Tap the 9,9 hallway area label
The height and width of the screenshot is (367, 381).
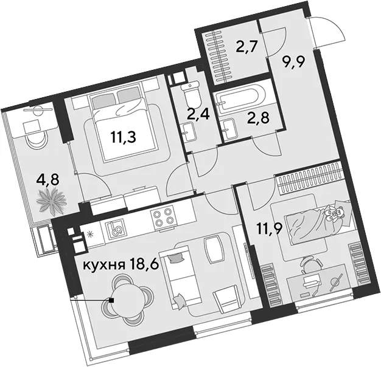coord(293,62)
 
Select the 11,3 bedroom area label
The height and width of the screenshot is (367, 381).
coord(123,137)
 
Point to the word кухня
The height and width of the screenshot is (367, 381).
coord(103,265)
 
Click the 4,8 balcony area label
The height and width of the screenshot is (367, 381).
coord(47,180)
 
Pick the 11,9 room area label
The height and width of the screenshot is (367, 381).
coord(270,229)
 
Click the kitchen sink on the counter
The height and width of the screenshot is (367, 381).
coord(115,228)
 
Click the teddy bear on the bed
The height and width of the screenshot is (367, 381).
coord(335,211)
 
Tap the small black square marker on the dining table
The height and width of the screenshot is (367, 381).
coord(111,300)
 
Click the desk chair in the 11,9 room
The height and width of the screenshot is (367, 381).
coord(312,265)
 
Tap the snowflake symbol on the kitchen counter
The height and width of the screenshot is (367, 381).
coord(90,235)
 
